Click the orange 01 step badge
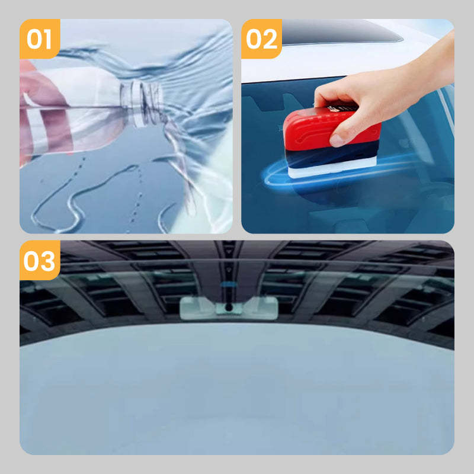click(x=40, y=39)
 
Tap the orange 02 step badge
click(x=261, y=39)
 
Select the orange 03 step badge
click(x=40, y=260)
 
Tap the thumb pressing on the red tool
click(x=339, y=137)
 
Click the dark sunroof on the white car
click(x=344, y=33)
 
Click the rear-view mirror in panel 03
click(x=228, y=307)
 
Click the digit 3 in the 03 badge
click(x=49, y=260)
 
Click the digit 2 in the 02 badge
click(x=270, y=39)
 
